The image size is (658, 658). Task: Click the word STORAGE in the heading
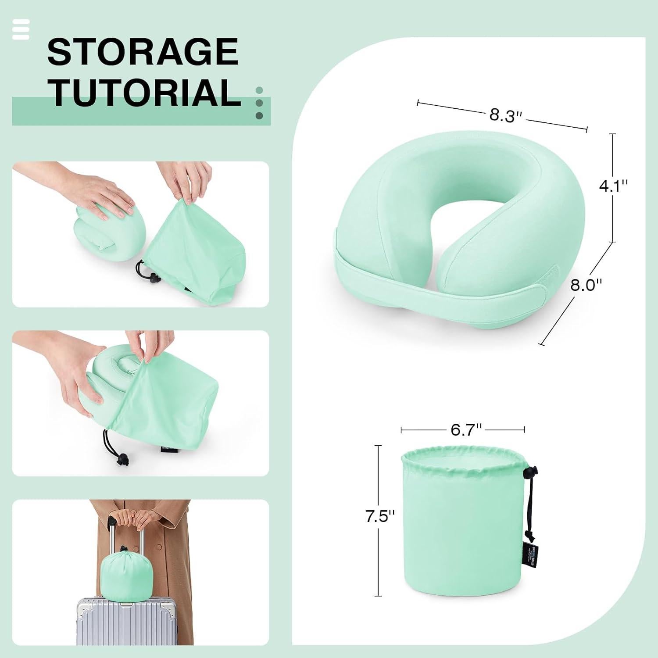tap(143, 52)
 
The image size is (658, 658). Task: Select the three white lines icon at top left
tap(21, 29)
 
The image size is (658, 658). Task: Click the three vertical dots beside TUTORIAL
tap(259, 103)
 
